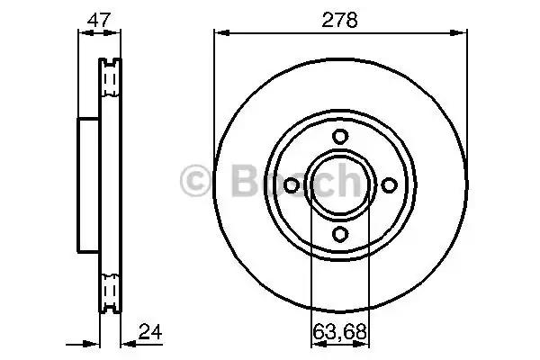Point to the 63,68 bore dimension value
(x=340, y=331)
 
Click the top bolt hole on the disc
(x=340, y=137)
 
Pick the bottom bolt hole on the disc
(x=340, y=234)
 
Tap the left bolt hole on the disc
(x=292, y=185)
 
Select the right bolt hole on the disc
(x=389, y=185)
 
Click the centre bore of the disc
(x=340, y=185)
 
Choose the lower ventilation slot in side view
(x=111, y=290)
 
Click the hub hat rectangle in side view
(x=88, y=184)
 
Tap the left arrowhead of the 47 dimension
(x=84, y=33)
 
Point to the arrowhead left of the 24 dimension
(x=92, y=342)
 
